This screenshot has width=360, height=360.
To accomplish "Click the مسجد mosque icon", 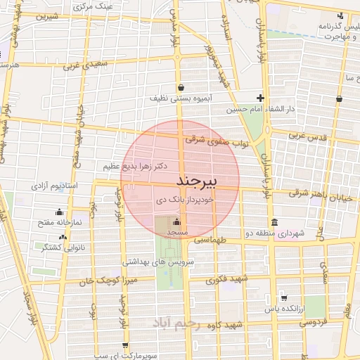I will (x=176, y=223).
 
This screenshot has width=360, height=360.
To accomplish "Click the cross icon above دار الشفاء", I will (x=260, y=98).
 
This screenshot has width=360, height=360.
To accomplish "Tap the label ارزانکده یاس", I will (x=283, y=309).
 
